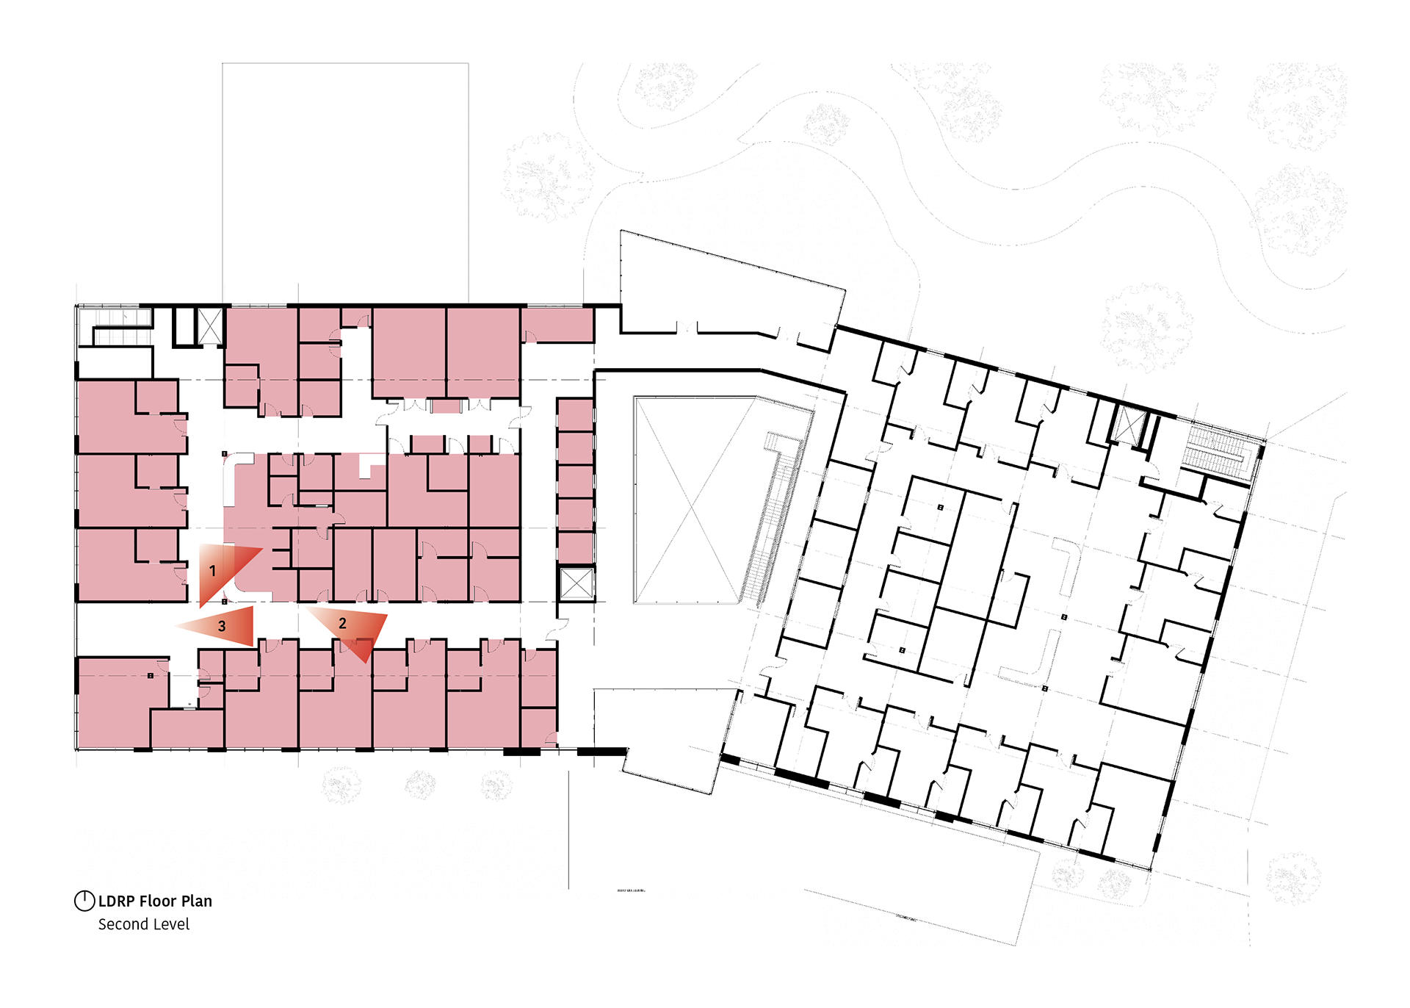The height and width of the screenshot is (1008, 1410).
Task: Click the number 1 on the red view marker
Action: [x=212, y=571]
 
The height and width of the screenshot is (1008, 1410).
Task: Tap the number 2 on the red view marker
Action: [x=342, y=624]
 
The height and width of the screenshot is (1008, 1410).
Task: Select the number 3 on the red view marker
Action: [x=222, y=627]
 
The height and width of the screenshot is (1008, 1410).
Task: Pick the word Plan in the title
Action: [x=196, y=901]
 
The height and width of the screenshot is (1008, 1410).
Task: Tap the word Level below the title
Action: [x=170, y=924]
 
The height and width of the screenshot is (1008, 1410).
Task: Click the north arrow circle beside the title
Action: [x=84, y=901]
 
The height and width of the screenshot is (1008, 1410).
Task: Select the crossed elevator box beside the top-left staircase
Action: [x=211, y=326]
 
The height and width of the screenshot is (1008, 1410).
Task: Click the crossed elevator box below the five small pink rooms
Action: [x=576, y=584]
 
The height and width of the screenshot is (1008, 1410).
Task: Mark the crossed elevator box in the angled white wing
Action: [x=1129, y=425]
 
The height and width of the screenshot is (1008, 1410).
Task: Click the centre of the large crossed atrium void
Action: [x=694, y=500]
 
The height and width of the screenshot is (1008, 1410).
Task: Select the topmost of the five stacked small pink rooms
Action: [x=575, y=415]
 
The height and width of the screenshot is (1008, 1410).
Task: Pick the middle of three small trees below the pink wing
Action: [x=420, y=785]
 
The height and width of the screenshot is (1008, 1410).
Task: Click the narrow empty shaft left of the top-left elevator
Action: [x=184, y=326]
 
